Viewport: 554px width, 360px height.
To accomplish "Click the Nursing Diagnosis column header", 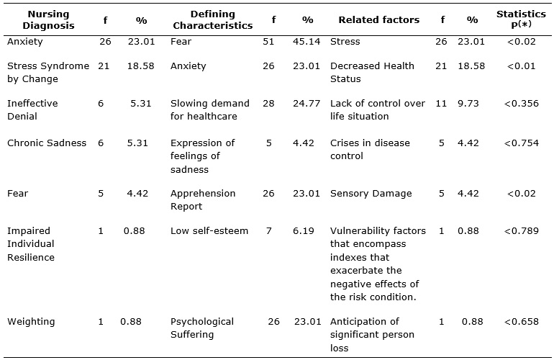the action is [x=48, y=20].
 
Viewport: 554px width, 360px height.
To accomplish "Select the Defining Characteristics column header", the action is [x=213, y=20].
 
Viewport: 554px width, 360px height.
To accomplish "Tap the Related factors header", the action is [x=378, y=20].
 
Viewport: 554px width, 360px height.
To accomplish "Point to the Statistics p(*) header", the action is [x=521, y=19].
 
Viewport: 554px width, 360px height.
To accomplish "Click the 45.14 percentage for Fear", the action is [x=306, y=41].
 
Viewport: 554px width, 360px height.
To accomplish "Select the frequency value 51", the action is [x=268, y=41].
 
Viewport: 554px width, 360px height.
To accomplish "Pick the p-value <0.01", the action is [x=521, y=66].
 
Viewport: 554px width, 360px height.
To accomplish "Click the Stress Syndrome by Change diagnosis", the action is [x=48, y=72].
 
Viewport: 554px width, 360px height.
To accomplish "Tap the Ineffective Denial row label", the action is [x=32, y=109].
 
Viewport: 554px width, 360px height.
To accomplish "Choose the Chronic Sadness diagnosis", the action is [x=47, y=143].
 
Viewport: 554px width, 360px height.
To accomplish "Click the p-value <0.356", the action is [x=521, y=103].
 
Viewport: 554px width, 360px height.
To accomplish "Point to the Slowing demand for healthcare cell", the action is [x=210, y=109].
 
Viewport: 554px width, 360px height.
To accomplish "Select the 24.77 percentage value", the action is [x=306, y=103].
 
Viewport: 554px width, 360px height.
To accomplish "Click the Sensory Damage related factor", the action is [x=371, y=194].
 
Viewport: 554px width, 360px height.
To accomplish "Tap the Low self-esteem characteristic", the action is [x=209, y=231].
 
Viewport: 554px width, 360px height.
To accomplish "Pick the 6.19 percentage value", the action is [x=303, y=231].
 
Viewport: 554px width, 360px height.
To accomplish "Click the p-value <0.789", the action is [x=521, y=231].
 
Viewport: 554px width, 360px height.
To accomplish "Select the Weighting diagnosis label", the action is [x=31, y=322].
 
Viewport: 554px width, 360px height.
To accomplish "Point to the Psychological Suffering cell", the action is [x=202, y=328].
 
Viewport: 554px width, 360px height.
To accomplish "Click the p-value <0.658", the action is [x=521, y=321].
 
